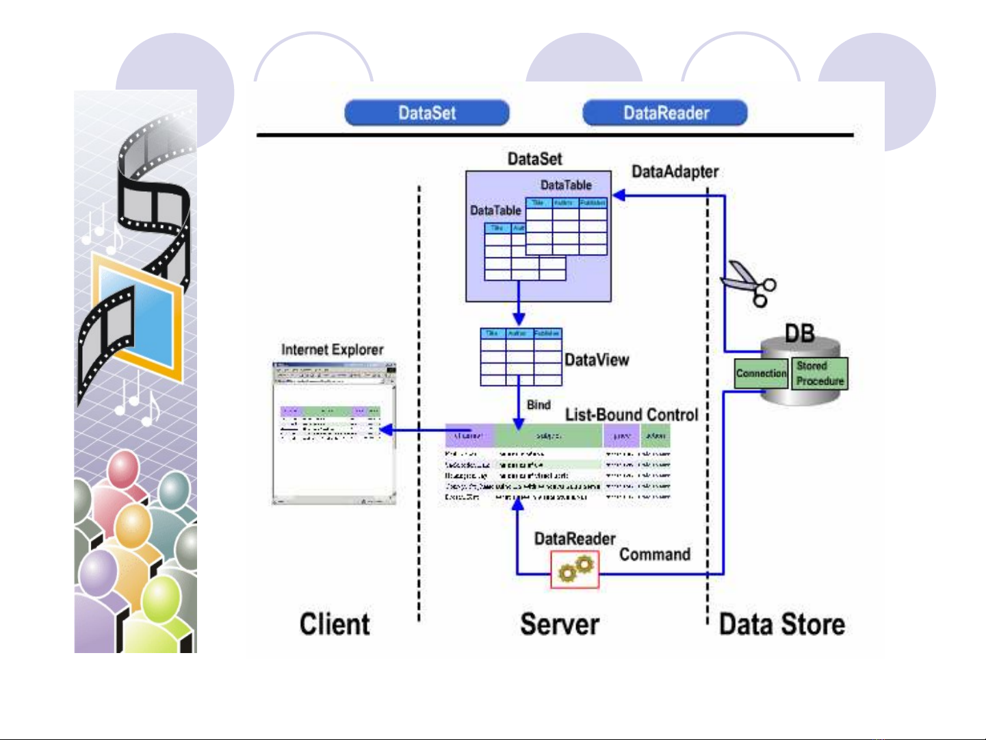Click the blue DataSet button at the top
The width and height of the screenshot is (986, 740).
coord(427,113)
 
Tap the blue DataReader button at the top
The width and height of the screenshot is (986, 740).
coord(665,113)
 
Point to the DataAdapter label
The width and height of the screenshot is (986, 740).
coord(675,172)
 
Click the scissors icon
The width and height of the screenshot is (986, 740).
coord(749,283)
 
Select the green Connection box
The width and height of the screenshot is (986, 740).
coord(761,374)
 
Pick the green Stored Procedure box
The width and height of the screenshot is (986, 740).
coord(820,374)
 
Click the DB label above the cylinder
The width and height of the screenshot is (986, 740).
coord(799,333)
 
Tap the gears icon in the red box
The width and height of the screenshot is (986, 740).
coord(575,570)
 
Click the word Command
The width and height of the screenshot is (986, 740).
coord(655,554)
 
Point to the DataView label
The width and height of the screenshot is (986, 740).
coord(597,360)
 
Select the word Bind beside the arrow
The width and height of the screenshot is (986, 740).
coord(539,405)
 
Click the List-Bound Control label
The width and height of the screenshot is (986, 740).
coord(631,415)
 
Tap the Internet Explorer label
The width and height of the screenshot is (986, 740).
coord(333,350)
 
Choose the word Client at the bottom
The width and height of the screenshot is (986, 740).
coord(335,624)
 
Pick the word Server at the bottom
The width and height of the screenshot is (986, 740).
coord(560,624)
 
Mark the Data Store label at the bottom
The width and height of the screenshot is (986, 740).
coord(781,624)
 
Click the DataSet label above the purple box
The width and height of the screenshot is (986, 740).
coord(534,159)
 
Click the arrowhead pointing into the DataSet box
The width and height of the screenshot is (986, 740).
coord(619,196)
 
